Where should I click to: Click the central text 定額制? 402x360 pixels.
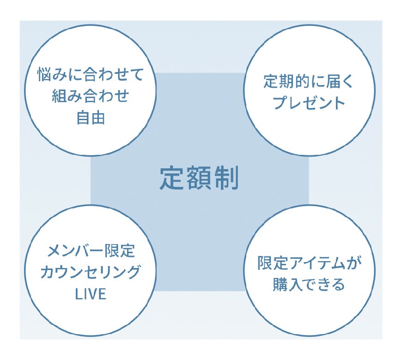(x=199, y=178)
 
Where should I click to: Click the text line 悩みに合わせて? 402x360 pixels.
(x=91, y=75)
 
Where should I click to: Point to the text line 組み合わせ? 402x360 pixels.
(x=91, y=96)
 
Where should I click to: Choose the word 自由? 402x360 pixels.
(x=91, y=117)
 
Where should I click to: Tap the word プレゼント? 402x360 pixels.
(x=309, y=103)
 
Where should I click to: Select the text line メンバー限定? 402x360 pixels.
(x=91, y=251)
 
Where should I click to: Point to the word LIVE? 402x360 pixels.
(x=91, y=294)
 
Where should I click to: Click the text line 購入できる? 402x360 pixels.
(x=309, y=284)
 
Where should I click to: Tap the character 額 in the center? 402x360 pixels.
(x=199, y=178)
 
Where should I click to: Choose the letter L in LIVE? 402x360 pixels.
(x=79, y=294)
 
